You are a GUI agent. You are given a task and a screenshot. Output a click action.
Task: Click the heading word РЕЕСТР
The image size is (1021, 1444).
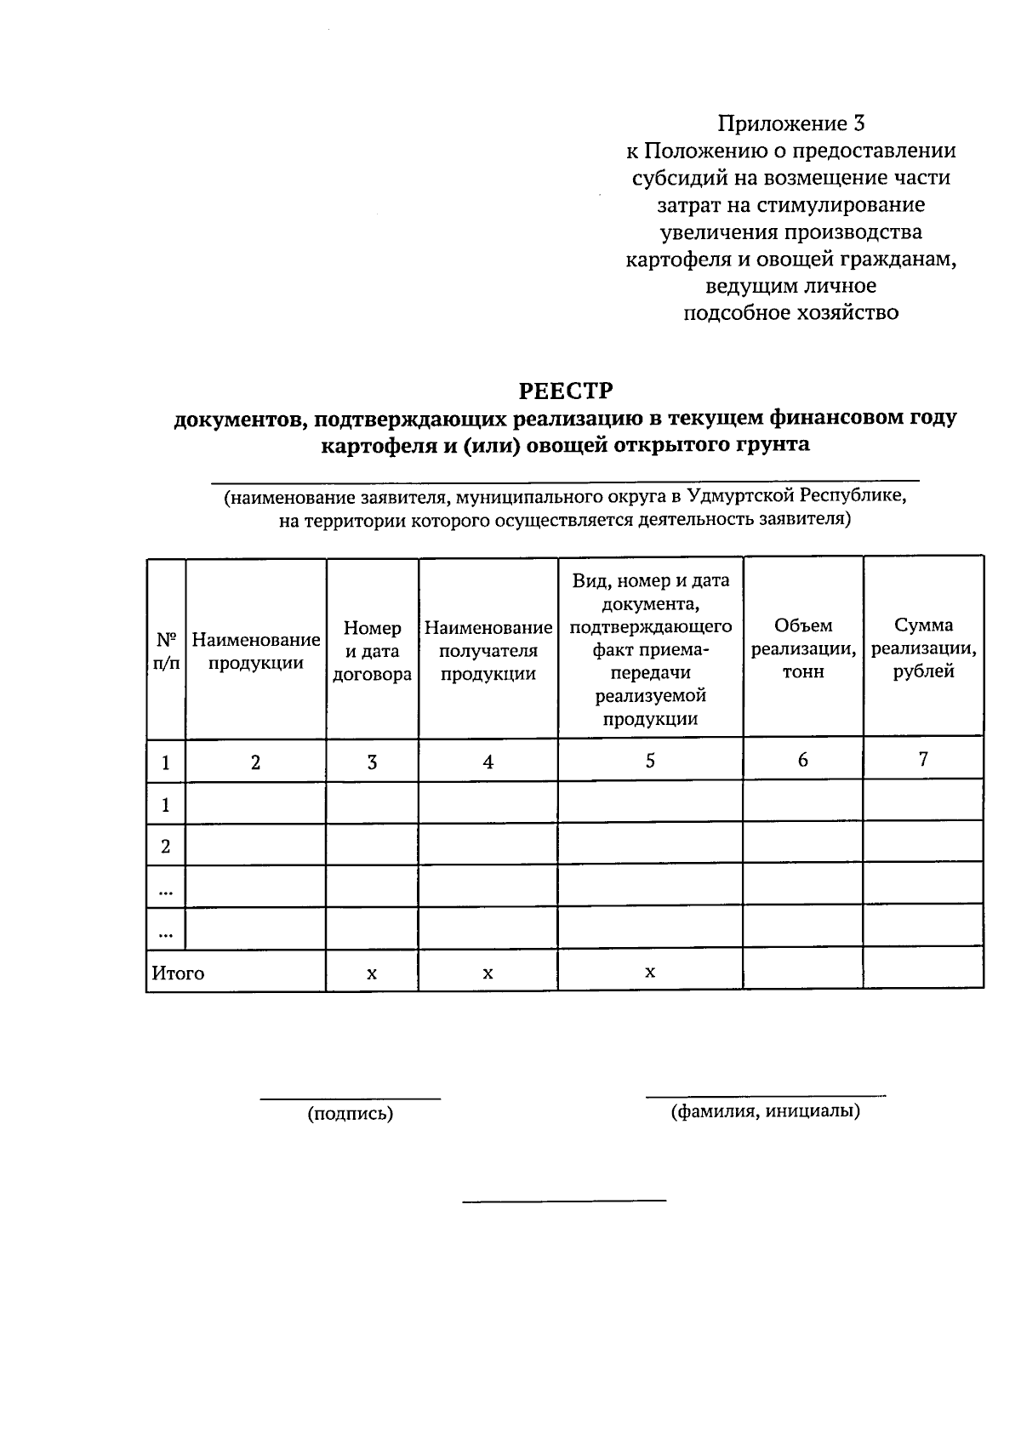(566, 391)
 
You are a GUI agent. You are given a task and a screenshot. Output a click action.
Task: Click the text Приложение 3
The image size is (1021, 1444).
(790, 124)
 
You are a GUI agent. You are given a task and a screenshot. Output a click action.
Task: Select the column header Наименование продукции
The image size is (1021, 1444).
(256, 651)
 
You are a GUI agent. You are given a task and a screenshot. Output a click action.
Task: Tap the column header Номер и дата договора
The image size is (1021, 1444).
(372, 651)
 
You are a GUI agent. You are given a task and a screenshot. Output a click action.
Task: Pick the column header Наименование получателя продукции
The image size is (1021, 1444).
(488, 651)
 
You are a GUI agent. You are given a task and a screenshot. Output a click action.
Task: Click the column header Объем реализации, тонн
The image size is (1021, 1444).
(803, 648)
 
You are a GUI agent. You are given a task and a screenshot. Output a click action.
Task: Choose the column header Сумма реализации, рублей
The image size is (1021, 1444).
(923, 648)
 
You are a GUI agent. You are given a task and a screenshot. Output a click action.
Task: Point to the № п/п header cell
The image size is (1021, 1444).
(166, 651)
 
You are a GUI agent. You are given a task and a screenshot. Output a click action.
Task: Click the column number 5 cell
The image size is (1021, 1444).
(650, 760)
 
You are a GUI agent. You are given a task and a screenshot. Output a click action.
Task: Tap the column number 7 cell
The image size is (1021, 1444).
(923, 759)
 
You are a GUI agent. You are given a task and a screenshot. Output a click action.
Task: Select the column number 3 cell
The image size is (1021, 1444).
(372, 762)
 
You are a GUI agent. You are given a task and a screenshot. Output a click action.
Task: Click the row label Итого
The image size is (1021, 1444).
(178, 973)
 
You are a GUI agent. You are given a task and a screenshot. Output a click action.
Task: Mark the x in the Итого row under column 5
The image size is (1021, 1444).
(650, 971)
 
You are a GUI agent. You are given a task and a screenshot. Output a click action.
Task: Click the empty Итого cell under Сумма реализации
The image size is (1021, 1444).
(923, 969)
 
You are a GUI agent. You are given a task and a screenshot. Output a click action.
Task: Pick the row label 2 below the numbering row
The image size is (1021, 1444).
(166, 846)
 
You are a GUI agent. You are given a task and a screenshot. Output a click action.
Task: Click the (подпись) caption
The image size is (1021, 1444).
(351, 1114)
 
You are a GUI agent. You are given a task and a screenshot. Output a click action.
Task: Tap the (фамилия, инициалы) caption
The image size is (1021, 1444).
(765, 1110)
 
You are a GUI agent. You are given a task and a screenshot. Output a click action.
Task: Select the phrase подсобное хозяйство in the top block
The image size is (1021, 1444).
(791, 313)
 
